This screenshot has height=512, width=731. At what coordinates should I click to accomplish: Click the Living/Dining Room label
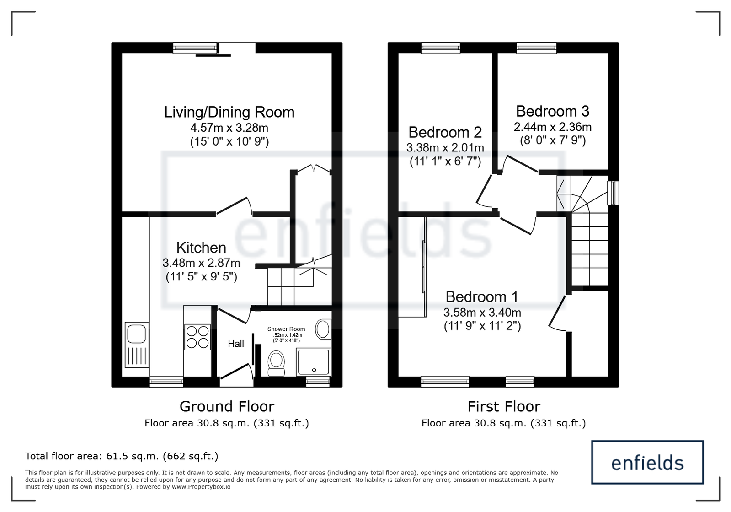[x=229, y=112]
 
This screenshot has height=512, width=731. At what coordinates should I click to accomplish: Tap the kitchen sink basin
[x=136, y=334]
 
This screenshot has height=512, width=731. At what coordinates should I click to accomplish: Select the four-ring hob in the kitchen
[x=197, y=337]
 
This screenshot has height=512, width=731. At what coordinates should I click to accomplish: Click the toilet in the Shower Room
[x=276, y=363]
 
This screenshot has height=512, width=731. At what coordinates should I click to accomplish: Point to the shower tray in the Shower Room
[x=313, y=362]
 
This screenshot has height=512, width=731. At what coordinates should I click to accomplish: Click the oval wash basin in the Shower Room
[x=323, y=329]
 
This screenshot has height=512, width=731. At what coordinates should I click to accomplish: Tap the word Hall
[x=236, y=344]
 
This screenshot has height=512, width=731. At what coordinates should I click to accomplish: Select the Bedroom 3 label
[x=553, y=111]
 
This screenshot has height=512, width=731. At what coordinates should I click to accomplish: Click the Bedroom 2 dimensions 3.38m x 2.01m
[x=445, y=148]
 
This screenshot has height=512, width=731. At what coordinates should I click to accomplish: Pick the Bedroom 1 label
[x=482, y=297]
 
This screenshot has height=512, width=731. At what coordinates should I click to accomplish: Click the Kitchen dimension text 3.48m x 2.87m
[x=201, y=263]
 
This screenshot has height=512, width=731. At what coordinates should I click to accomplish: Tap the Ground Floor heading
[x=227, y=406]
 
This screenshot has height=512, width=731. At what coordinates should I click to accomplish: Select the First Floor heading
[x=504, y=406]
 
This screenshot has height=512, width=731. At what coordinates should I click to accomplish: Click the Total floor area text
[x=122, y=456]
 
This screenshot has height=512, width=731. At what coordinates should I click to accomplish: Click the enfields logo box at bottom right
[x=647, y=463]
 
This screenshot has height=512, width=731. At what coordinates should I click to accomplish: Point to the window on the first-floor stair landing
[x=613, y=193]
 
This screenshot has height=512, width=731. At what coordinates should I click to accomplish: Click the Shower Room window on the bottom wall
[x=318, y=382]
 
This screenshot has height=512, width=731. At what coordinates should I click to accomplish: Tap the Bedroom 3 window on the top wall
[x=536, y=48]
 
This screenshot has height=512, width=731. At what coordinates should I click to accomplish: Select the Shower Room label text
[x=286, y=329]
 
